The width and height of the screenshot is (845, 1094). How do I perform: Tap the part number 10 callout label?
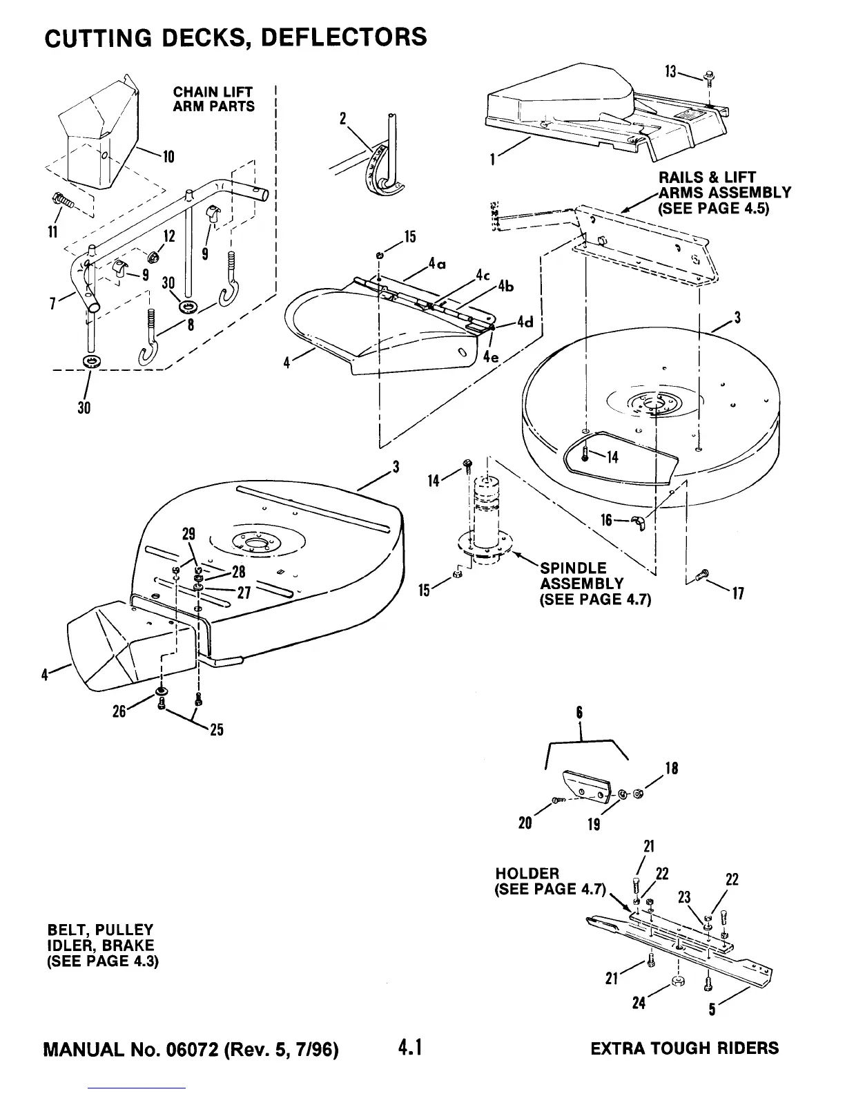tap(167, 156)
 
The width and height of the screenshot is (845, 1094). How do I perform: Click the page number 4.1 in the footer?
tap(409, 1048)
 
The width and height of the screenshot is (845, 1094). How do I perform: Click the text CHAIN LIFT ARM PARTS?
tap(213, 99)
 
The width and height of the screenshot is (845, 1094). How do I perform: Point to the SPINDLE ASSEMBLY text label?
tap(581, 584)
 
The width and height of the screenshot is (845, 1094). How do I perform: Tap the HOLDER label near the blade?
tap(527, 874)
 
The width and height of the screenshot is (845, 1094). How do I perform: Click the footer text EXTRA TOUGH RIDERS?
tap(685, 1048)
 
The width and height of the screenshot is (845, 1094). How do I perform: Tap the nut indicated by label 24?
tap(677, 981)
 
